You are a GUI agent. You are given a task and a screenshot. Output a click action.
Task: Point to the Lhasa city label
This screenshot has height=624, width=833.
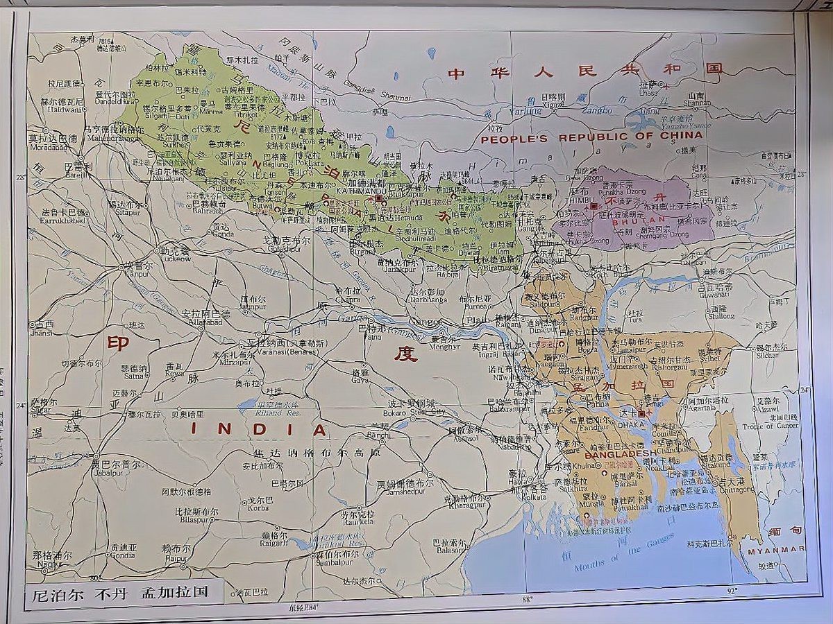click(x=648, y=92)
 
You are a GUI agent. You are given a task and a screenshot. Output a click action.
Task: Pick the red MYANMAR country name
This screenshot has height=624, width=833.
click(x=776, y=549)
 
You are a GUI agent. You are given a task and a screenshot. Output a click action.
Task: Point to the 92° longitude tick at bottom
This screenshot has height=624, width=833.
click(x=732, y=591)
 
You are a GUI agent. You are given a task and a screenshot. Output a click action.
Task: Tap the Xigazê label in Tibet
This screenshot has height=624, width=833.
click(x=553, y=105)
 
